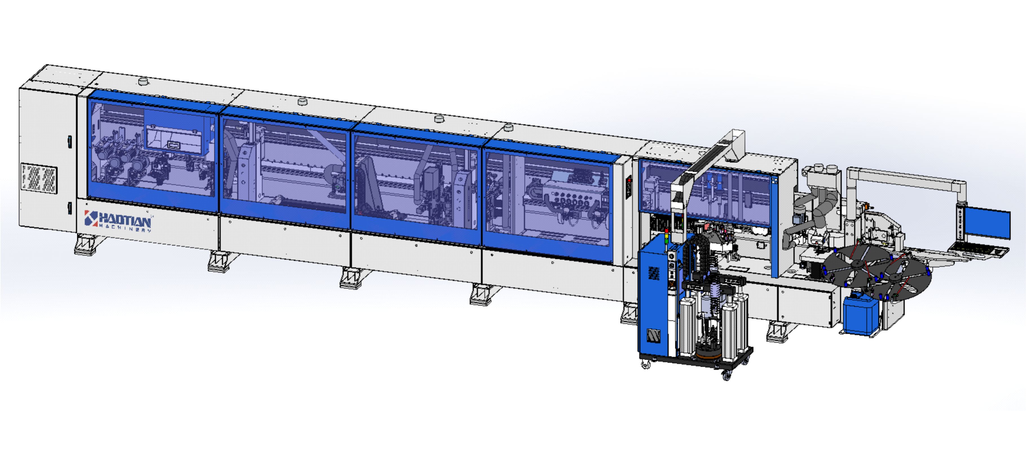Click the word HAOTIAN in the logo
[125, 220]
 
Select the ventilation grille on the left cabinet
[39, 178]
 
